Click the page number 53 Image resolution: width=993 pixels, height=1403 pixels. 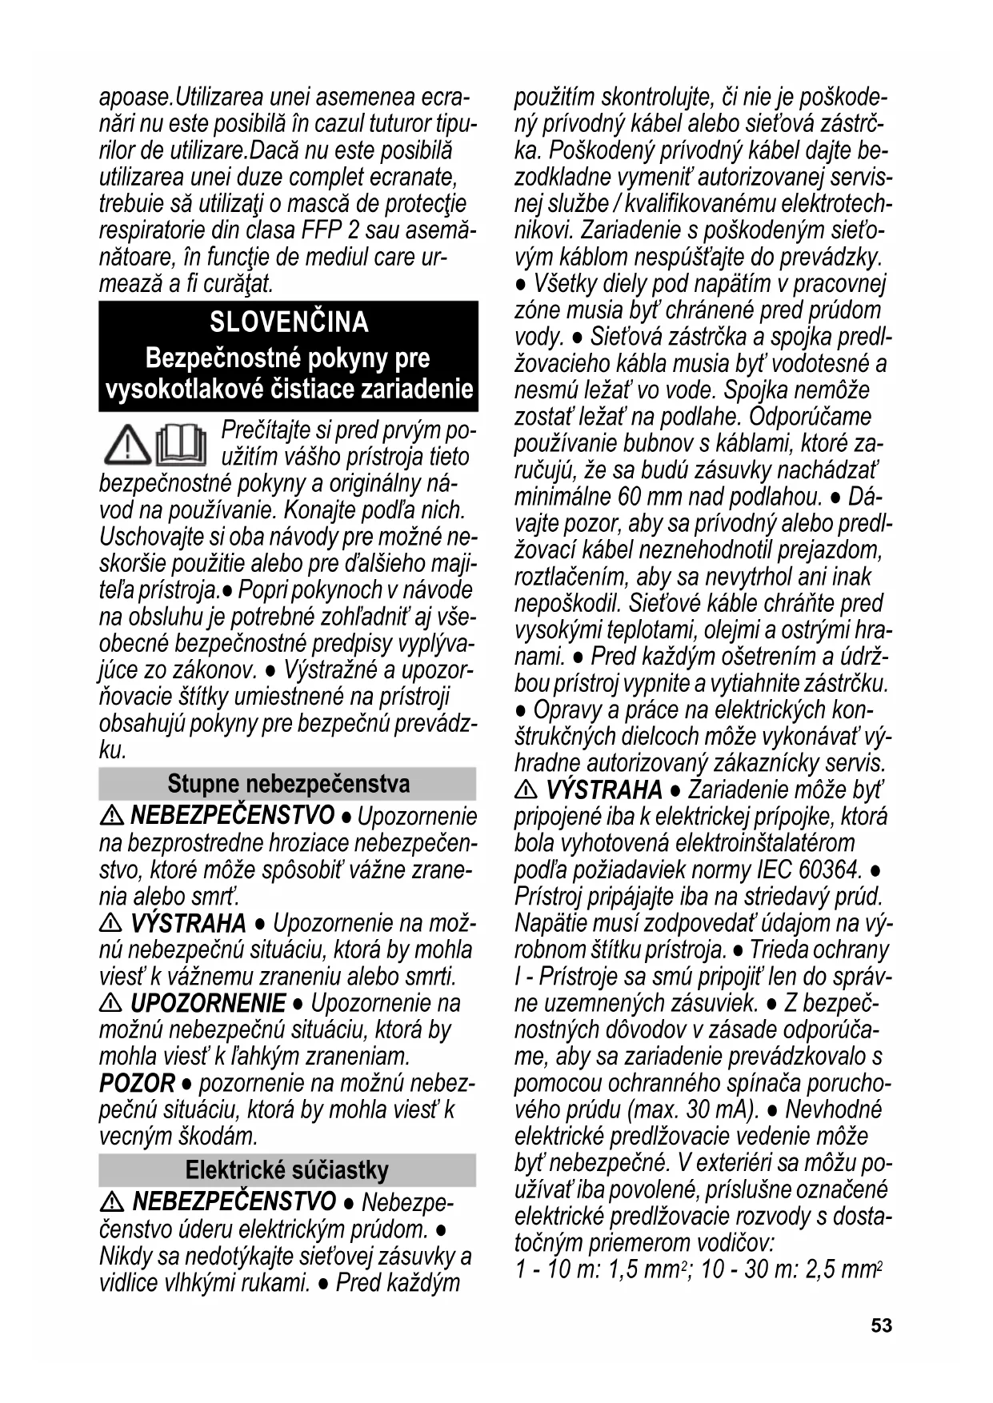point(881,1325)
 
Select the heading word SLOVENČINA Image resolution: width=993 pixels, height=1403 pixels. point(289,322)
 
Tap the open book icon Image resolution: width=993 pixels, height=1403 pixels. point(181,445)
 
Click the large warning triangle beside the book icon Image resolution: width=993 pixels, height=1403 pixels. point(127,446)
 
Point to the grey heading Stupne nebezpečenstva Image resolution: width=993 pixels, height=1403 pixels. point(288,784)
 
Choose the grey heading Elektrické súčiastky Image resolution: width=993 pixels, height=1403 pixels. point(287,1170)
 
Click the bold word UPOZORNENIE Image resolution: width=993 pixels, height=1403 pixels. point(207,1003)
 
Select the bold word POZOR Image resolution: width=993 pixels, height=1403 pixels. point(137,1084)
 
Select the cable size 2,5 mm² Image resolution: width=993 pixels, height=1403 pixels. point(843,1269)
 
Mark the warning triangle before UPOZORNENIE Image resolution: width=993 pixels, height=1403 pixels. point(111,1003)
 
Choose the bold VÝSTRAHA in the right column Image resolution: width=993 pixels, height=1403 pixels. point(604,790)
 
